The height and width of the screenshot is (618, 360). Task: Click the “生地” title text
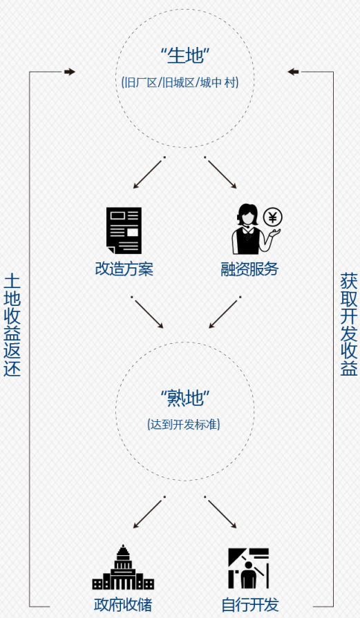click(x=185, y=55)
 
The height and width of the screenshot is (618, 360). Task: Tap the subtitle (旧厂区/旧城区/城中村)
click(x=180, y=83)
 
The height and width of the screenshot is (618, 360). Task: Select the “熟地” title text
click(x=185, y=398)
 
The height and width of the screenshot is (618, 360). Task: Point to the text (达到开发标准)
click(x=184, y=425)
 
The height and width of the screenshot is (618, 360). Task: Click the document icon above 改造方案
click(x=124, y=231)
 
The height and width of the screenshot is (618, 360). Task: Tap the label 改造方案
click(x=124, y=269)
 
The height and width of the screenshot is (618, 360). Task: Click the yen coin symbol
click(x=272, y=217)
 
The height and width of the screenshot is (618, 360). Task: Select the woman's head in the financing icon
click(x=247, y=214)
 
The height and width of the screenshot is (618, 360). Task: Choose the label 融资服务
click(x=249, y=269)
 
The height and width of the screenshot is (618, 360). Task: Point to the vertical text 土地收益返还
click(x=12, y=325)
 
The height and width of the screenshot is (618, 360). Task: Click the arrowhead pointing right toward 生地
click(x=70, y=72)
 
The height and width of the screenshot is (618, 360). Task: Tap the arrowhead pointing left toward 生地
click(x=293, y=72)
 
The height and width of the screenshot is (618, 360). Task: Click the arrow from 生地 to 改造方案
click(x=148, y=174)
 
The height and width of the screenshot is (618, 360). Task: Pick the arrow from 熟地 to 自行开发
click(x=221, y=513)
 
